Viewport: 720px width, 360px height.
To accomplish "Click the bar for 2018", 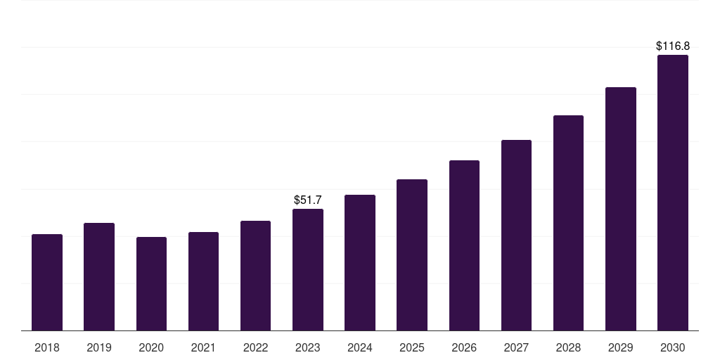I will pos(47,283).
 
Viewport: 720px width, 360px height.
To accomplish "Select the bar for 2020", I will pos(151,284).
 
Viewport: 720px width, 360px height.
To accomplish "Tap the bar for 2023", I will pos(308,270).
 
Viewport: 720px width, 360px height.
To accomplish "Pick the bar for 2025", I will pos(412,255).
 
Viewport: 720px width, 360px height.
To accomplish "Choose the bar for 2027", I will pos(516,236).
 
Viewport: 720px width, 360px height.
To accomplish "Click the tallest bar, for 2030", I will pos(673,193).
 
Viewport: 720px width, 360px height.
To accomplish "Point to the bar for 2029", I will pos(621,209).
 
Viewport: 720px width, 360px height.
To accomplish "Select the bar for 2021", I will pos(203,281).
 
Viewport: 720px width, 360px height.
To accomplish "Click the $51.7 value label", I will pos(308,200).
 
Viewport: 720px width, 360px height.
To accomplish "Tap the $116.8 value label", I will pos(673,46).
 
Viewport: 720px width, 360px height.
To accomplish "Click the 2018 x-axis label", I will pos(47,347).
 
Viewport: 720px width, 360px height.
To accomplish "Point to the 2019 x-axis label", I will pos(99,347).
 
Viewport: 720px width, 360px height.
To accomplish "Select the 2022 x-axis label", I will pos(255,347).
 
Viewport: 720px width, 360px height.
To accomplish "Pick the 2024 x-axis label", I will pos(360,347).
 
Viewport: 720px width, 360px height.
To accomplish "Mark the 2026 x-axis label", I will pos(464,347).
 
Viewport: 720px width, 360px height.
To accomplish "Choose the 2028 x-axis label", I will pos(568,347).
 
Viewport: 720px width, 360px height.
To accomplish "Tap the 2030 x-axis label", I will pos(673,347).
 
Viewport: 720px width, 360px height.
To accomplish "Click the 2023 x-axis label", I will pos(308,347).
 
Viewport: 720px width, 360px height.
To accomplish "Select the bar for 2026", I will pos(464,245).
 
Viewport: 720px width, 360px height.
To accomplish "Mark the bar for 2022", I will pos(255,276).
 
